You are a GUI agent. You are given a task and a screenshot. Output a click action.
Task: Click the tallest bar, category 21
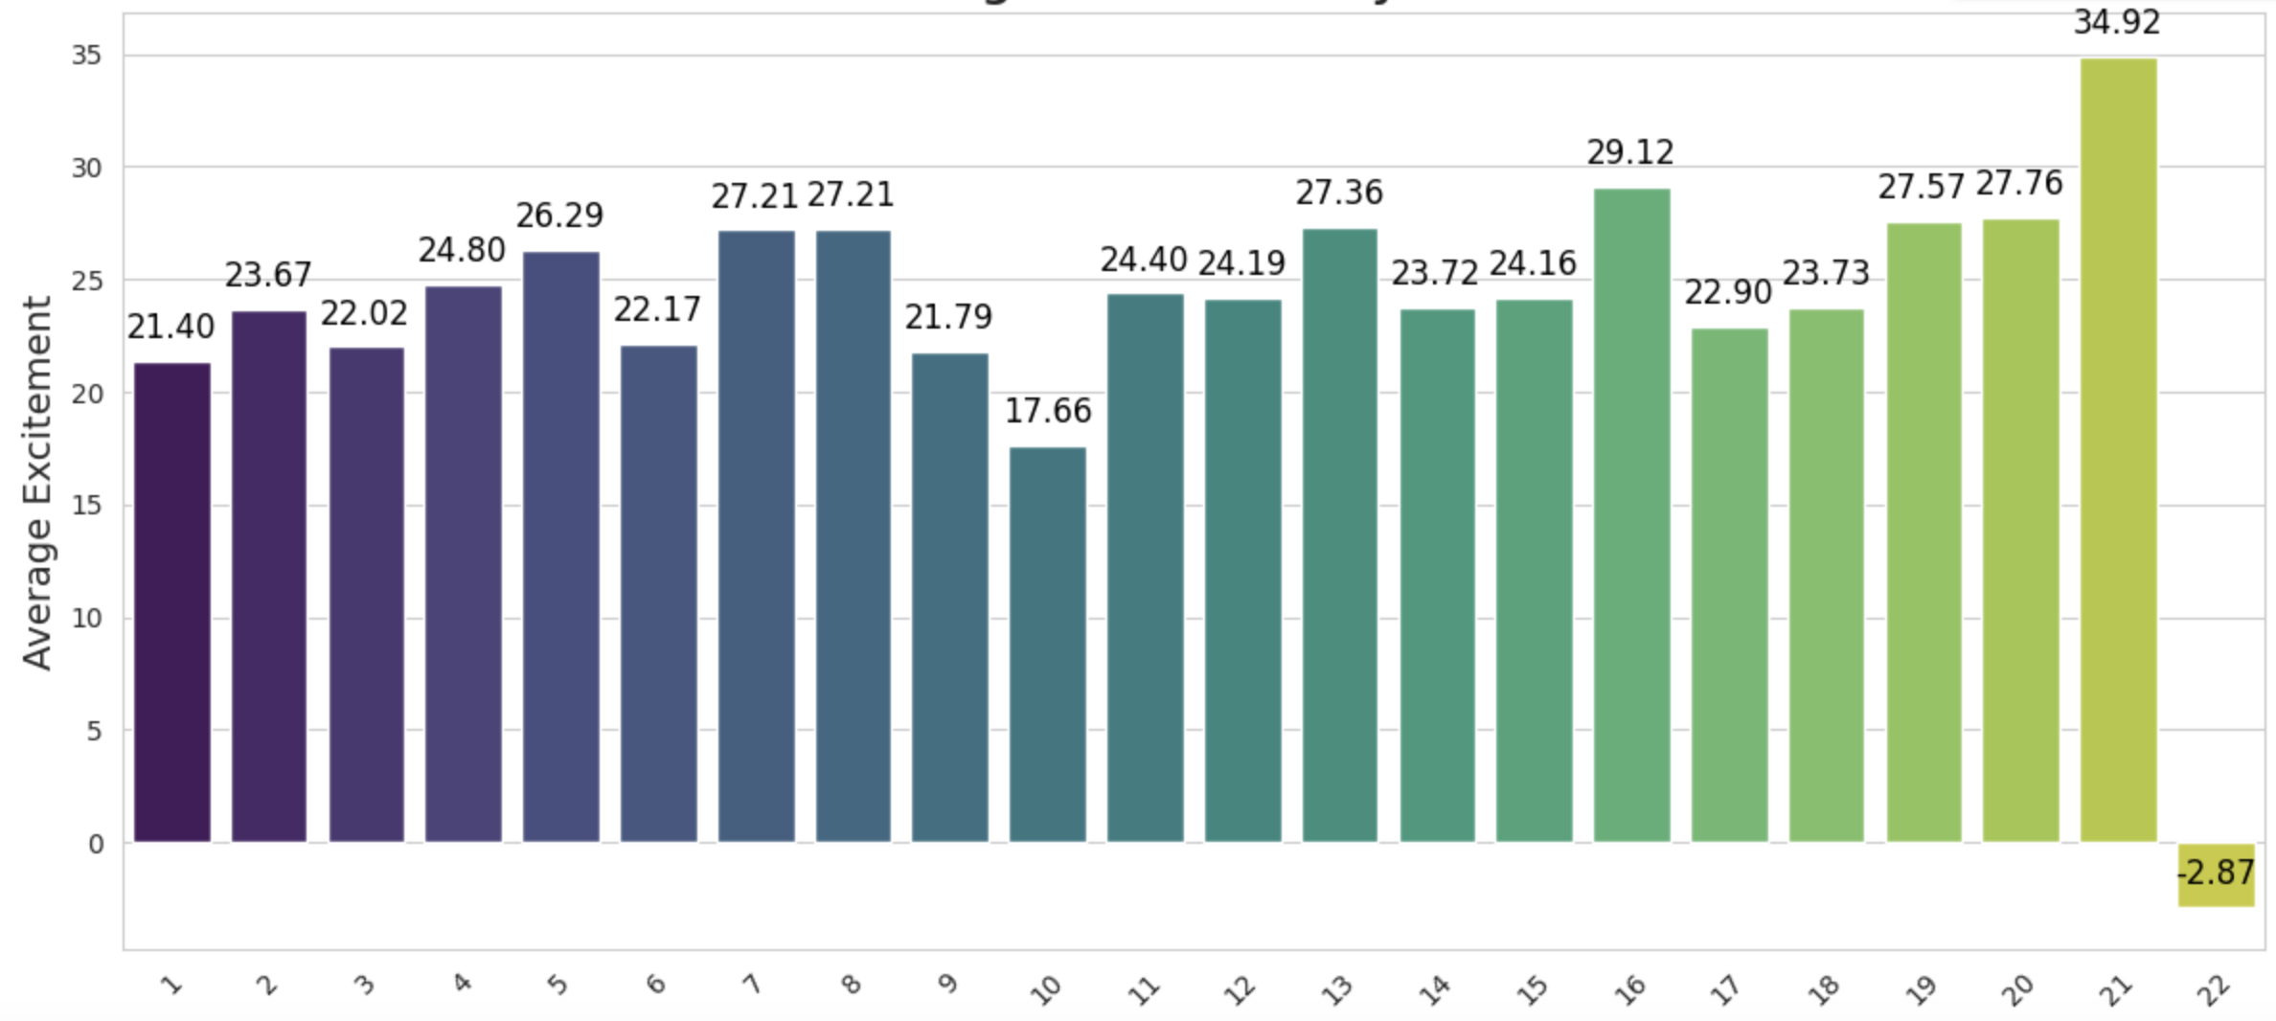2118,450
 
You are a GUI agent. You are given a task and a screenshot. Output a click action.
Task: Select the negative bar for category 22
2216,874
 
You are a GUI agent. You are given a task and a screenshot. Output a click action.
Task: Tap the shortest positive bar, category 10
1047,645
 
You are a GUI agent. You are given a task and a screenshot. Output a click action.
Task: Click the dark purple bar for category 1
172,602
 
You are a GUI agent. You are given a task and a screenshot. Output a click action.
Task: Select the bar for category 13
1339,535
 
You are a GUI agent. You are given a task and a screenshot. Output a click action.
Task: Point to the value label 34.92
2117,22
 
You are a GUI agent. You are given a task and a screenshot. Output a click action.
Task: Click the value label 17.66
1047,411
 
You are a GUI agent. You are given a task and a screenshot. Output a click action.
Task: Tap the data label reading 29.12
1629,152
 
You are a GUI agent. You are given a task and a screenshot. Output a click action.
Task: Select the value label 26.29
559,216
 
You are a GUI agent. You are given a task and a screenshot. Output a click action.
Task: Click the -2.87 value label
2215,873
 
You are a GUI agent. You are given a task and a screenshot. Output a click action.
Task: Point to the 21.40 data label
171,328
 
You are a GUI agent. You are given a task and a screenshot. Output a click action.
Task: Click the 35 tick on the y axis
86,56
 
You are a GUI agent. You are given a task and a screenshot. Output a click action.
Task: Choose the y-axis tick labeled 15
86,506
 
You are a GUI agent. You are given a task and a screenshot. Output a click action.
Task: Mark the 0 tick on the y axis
95,844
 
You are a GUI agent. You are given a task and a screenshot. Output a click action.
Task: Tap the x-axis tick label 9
946,984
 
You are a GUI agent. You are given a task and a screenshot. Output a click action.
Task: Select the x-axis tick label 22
2214,989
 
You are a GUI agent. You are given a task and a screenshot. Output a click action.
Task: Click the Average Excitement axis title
36,483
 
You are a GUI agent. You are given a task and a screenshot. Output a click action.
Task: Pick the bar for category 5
561,547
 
